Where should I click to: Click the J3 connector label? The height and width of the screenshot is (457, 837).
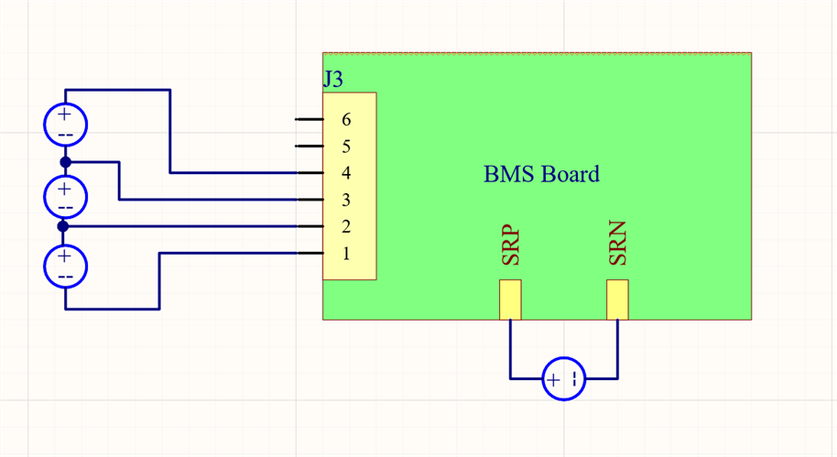coord(333,80)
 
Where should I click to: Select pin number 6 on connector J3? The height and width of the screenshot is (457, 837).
coord(346,120)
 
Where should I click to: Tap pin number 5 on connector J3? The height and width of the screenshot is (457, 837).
coord(346,147)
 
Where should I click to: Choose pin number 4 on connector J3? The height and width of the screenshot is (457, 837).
coord(346,173)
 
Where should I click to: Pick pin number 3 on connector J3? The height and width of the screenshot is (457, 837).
coord(346,200)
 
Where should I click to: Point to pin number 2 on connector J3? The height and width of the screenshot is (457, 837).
coord(346,226)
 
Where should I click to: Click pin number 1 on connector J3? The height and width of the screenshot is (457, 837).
coord(346,254)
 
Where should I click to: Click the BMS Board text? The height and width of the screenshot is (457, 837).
coord(541,174)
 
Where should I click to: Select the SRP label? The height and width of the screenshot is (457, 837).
coord(511,246)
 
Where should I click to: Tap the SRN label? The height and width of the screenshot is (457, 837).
coord(618,245)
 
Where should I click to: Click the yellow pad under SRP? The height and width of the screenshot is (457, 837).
coord(510,299)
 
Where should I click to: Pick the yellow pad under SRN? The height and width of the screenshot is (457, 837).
coord(617,299)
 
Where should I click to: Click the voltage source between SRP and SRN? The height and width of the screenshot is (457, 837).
coord(564,378)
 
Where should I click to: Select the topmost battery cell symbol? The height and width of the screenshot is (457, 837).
coord(66,125)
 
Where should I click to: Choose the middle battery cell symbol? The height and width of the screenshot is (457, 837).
coord(65,194)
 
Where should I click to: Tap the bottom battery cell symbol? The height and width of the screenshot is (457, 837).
coord(65,267)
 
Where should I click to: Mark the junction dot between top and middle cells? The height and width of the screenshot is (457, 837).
coord(65,162)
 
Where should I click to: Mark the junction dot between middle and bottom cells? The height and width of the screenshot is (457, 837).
coord(63,226)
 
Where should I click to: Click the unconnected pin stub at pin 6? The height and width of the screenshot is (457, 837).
coord(309,120)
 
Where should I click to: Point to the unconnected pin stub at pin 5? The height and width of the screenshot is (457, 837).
coord(309,147)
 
